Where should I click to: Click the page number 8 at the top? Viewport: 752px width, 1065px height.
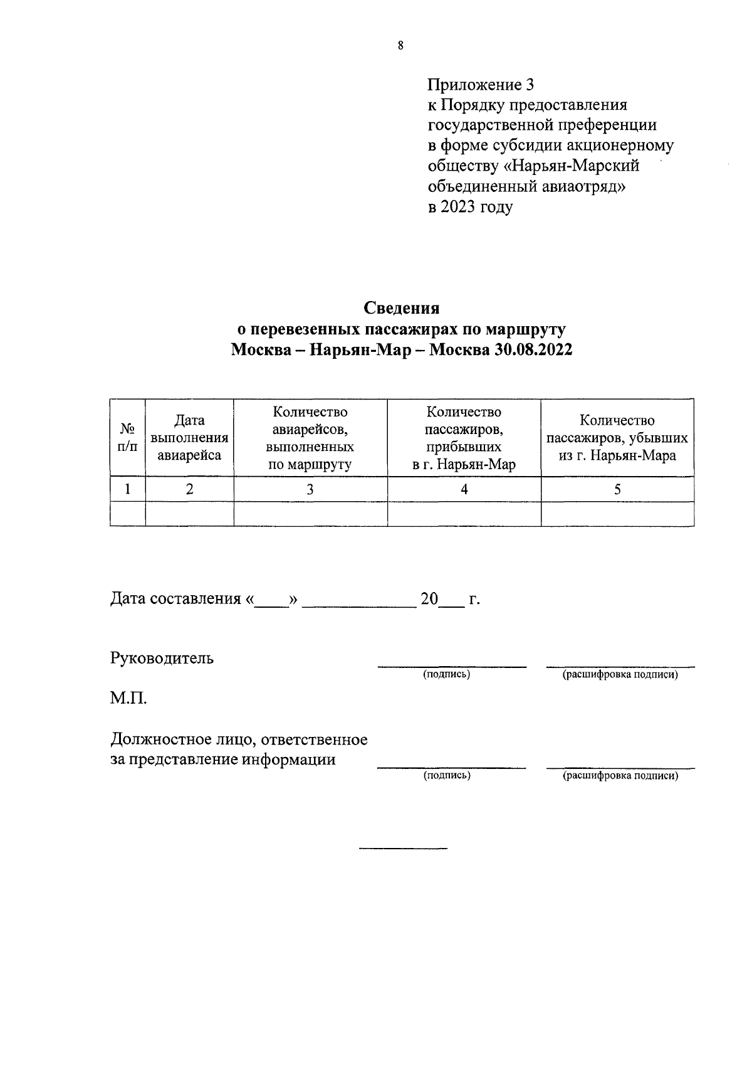click(400, 45)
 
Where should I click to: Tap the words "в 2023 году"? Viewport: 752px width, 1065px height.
click(470, 207)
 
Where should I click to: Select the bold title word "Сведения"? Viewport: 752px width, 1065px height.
click(402, 309)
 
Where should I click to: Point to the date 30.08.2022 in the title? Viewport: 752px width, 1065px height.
click(533, 350)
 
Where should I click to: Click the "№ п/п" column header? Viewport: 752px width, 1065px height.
click(128, 437)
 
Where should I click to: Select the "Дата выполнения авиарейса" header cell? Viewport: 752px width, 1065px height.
click(189, 438)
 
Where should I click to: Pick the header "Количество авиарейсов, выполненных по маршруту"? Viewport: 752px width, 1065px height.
click(310, 438)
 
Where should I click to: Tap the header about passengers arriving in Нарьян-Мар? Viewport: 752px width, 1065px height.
click(464, 438)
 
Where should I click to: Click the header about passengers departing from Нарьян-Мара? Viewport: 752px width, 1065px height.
click(617, 438)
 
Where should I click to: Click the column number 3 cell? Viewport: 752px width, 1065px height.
click(310, 489)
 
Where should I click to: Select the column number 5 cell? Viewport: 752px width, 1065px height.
click(617, 489)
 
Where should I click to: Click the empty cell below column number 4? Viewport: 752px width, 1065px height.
click(464, 514)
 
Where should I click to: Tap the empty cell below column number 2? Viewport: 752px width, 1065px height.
click(189, 514)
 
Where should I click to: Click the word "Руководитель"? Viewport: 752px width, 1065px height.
click(162, 658)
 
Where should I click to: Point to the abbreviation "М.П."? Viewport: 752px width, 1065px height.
click(128, 698)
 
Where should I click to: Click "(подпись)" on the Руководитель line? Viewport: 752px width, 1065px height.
click(447, 674)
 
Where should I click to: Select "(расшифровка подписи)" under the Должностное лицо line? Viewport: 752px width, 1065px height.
click(620, 776)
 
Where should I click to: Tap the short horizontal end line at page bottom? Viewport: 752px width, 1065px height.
click(403, 849)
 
